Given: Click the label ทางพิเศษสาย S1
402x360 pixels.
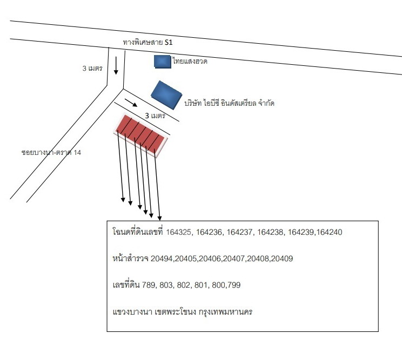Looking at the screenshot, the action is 148,42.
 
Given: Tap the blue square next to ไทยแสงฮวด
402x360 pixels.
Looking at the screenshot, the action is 163,62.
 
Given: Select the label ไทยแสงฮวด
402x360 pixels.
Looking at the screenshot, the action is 190,61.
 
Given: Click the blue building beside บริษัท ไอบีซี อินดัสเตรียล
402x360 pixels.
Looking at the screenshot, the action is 166,95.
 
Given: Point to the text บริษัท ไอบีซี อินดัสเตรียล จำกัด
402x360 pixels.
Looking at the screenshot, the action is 229,103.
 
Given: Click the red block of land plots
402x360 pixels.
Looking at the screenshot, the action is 140,135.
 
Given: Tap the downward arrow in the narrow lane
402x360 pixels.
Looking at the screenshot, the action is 116,65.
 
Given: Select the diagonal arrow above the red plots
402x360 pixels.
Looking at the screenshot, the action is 131,103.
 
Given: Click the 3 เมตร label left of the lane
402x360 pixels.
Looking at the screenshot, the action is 92,68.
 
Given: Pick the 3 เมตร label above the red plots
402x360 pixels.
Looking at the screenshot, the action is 155,116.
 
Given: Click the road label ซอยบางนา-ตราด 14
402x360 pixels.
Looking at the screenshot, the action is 51,152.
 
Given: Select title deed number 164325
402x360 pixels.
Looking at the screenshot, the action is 179,232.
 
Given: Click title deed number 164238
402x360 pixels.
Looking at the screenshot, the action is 270,232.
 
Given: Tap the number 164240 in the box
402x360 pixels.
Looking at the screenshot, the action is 330,232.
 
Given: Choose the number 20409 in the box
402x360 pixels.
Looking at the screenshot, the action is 282,259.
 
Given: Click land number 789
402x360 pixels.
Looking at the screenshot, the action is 149,285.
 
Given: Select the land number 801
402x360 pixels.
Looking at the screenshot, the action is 201,285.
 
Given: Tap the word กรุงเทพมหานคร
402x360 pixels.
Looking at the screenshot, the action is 226,312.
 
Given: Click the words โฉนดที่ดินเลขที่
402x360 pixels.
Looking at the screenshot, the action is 138,232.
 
